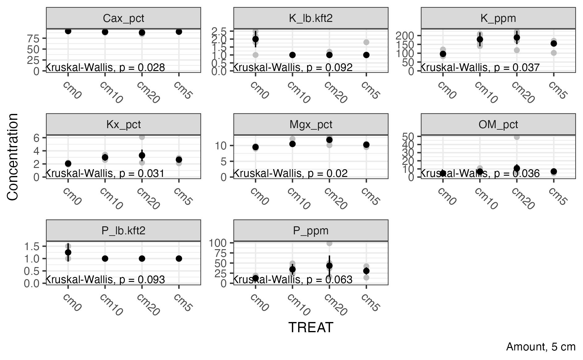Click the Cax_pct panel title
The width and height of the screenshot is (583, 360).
click(123, 18)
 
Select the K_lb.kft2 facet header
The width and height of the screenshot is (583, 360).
click(311, 18)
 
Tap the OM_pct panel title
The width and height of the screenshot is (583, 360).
click(498, 124)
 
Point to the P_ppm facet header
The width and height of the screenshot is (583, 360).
click(311, 231)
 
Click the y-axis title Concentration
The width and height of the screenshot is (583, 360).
click(13, 157)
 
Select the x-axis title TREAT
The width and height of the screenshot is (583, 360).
click(311, 327)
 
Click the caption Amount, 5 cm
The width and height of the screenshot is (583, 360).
click(541, 347)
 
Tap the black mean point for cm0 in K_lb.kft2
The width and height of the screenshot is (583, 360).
click(256, 39)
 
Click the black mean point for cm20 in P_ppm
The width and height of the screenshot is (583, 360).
click(329, 266)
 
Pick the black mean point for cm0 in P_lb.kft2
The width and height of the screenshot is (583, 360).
click(68, 252)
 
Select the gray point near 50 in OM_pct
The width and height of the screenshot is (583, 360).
click(517, 137)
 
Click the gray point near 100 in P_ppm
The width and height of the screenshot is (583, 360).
click(329, 243)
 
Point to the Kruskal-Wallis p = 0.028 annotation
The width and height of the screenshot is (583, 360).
click(105, 67)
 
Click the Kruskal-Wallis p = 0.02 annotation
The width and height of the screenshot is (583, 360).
click(290, 174)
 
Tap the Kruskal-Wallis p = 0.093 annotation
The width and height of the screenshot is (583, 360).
click(105, 280)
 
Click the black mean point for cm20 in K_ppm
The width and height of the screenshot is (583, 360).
click(517, 38)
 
